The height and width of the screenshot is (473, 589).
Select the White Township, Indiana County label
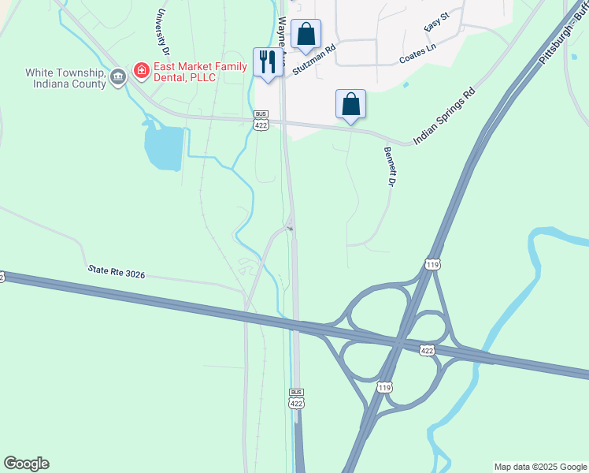(66, 77)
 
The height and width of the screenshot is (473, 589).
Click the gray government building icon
(118, 77)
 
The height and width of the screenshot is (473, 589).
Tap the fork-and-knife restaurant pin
(268, 62)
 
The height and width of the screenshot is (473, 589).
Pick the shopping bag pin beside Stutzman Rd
(306, 35)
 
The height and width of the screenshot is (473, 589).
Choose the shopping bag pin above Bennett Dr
(350, 105)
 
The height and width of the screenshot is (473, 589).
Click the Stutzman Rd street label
(314, 59)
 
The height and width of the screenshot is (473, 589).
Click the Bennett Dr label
(388, 166)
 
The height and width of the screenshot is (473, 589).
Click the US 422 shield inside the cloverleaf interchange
(428, 350)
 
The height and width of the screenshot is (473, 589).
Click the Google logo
(26, 464)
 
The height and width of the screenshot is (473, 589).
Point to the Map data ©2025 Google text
(539, 467)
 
